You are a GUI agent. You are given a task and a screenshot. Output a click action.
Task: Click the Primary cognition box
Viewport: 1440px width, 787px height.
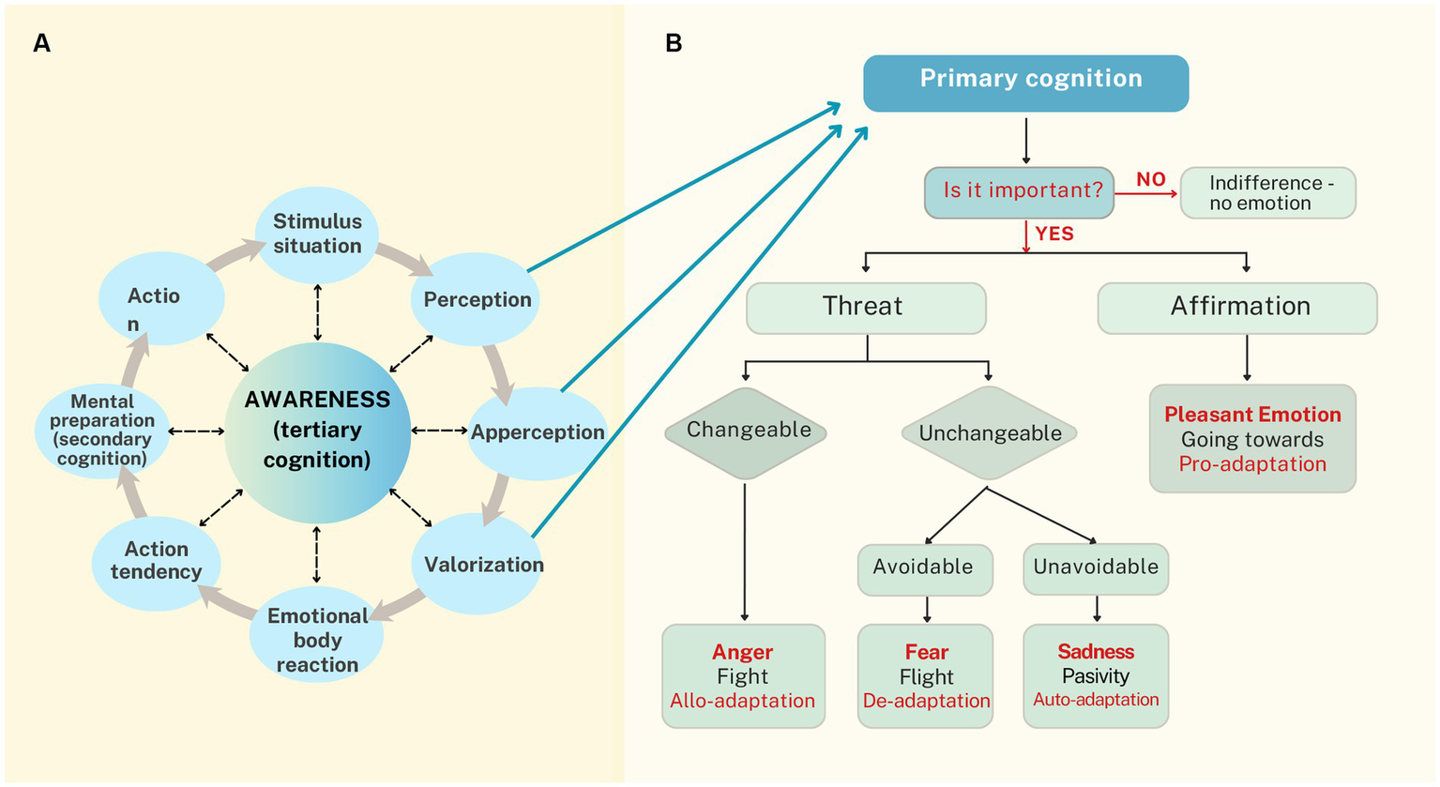click(x=1025, y=83)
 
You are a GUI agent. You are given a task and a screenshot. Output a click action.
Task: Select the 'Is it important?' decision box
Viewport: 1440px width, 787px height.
click(x=1020, y=191)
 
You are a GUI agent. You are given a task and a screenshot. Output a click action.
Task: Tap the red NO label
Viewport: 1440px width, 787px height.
click(x=1150, y=179)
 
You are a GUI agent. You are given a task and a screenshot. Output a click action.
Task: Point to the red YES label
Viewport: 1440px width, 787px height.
click(x=1054, y=234)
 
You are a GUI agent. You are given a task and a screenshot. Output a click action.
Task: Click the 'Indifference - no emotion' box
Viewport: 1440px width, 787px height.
click(x=1267, y=192)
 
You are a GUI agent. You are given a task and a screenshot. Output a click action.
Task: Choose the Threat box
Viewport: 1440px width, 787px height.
click(x=865, y=308)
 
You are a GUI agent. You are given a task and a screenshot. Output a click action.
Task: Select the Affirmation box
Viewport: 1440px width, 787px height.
click(x=1237, y=308)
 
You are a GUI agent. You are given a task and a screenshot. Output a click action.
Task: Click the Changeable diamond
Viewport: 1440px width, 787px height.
click(x=747, y=431)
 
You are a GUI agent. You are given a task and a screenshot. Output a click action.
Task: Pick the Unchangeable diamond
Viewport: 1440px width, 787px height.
click(x=989, y=433)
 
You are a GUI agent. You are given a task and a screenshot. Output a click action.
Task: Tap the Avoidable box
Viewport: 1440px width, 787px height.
click(x=924, y=568)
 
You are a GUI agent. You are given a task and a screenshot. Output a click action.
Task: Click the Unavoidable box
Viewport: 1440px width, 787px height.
click(x=1095, y=568)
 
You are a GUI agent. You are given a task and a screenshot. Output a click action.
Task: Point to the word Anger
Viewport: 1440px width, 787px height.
click(x=742, y=652)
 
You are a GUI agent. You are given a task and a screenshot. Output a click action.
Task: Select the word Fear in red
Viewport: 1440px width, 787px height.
click(x=926, y=652)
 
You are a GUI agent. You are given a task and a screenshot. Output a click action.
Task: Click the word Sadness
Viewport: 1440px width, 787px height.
click(x=1095, y=652)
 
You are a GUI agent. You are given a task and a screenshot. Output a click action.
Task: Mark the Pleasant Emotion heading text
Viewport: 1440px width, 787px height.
click(x=1252, y=415)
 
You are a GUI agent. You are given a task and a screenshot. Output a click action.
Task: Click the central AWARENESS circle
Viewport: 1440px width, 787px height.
click(x=317, y=431)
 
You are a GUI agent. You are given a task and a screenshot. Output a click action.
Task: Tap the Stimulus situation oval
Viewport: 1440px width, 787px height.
click(x=317, y=235)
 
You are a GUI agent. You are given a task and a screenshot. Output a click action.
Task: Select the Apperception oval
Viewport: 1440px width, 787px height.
click(x=537, y=433)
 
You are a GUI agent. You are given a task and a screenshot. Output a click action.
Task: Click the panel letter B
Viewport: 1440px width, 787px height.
click(x=673, y=43)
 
